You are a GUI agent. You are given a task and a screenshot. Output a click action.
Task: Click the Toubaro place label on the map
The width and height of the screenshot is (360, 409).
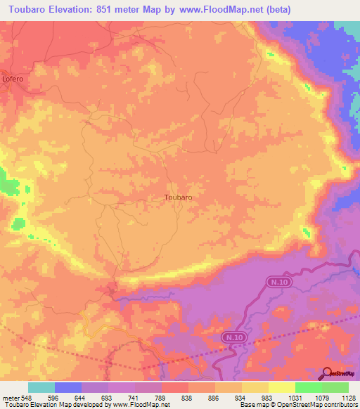178,197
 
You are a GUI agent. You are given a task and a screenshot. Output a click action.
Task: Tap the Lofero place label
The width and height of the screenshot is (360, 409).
12,79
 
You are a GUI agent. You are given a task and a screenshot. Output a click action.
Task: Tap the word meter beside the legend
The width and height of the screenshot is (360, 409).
8,397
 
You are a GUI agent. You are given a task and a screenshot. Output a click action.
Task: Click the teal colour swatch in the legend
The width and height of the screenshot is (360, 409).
41,387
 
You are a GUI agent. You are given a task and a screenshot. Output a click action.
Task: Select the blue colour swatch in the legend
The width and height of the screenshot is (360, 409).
68,387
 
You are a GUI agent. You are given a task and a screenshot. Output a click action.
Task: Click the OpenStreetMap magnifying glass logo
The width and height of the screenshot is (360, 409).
328,372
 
